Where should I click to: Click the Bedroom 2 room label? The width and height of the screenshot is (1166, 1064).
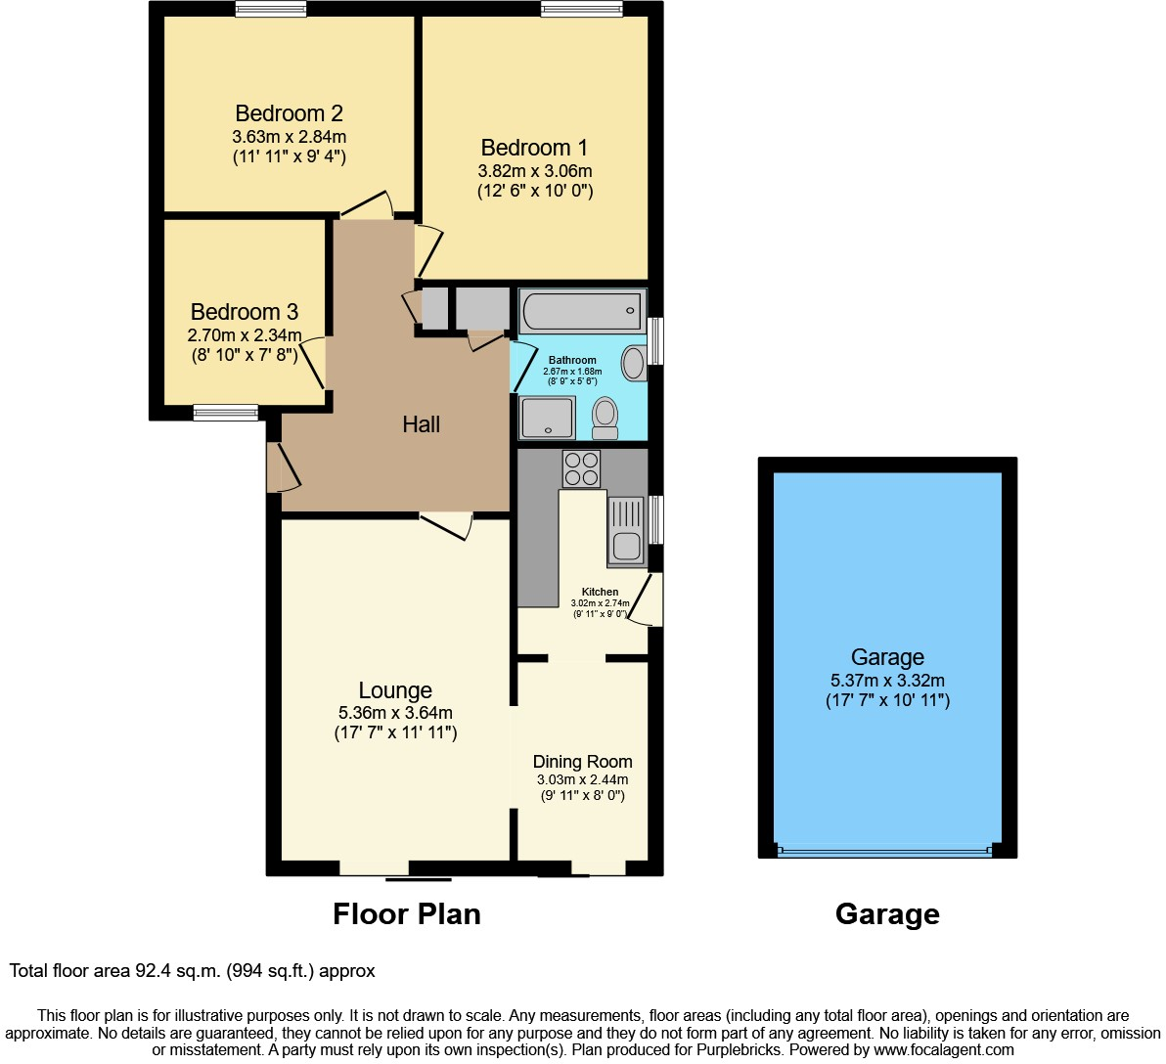(x=289, y=113)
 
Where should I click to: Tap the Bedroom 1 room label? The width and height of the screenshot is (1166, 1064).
(x=534, y=148)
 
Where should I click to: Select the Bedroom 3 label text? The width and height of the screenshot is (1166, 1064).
(x=245, y=312)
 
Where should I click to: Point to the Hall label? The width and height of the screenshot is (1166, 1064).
(x=422, y=424)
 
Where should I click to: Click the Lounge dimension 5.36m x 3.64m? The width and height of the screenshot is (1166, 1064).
(x=395, y=713)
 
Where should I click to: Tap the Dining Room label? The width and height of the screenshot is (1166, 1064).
(x=582, y=762)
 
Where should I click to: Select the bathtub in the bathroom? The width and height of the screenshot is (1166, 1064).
(x=582, y=312)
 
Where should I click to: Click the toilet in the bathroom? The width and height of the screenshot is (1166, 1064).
(x=605, y=419)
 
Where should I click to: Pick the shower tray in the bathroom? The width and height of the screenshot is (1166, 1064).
(x=547, y=418)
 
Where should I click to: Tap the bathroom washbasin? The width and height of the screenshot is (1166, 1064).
(x=634, y=363)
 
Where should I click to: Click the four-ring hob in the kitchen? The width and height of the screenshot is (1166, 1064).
(x=581, y=468)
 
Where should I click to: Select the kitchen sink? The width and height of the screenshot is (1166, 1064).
(x=626, y=531)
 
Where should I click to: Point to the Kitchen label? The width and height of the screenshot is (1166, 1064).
(x=600, y=592)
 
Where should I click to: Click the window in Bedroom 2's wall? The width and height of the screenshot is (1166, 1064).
(x=271, y=9)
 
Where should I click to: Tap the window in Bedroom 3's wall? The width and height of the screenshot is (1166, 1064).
(x=225, y=413)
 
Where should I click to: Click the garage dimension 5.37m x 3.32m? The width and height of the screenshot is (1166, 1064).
(x=887, y=681)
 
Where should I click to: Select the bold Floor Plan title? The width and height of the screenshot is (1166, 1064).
(x=407, y=914)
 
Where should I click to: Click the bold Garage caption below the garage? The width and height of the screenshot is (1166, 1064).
(x=887, y=914)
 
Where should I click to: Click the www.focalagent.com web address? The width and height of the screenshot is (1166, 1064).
(x=944, y=1050)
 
